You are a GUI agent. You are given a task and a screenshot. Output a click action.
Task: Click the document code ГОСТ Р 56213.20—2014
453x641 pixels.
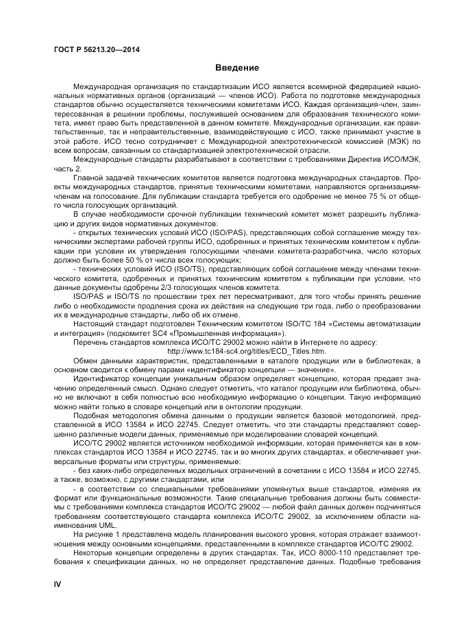tap(95, 49)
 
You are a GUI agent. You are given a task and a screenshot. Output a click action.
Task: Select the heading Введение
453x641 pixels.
tap(236, 68)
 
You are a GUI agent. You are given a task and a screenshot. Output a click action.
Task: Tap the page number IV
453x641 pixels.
tap(58, 584)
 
